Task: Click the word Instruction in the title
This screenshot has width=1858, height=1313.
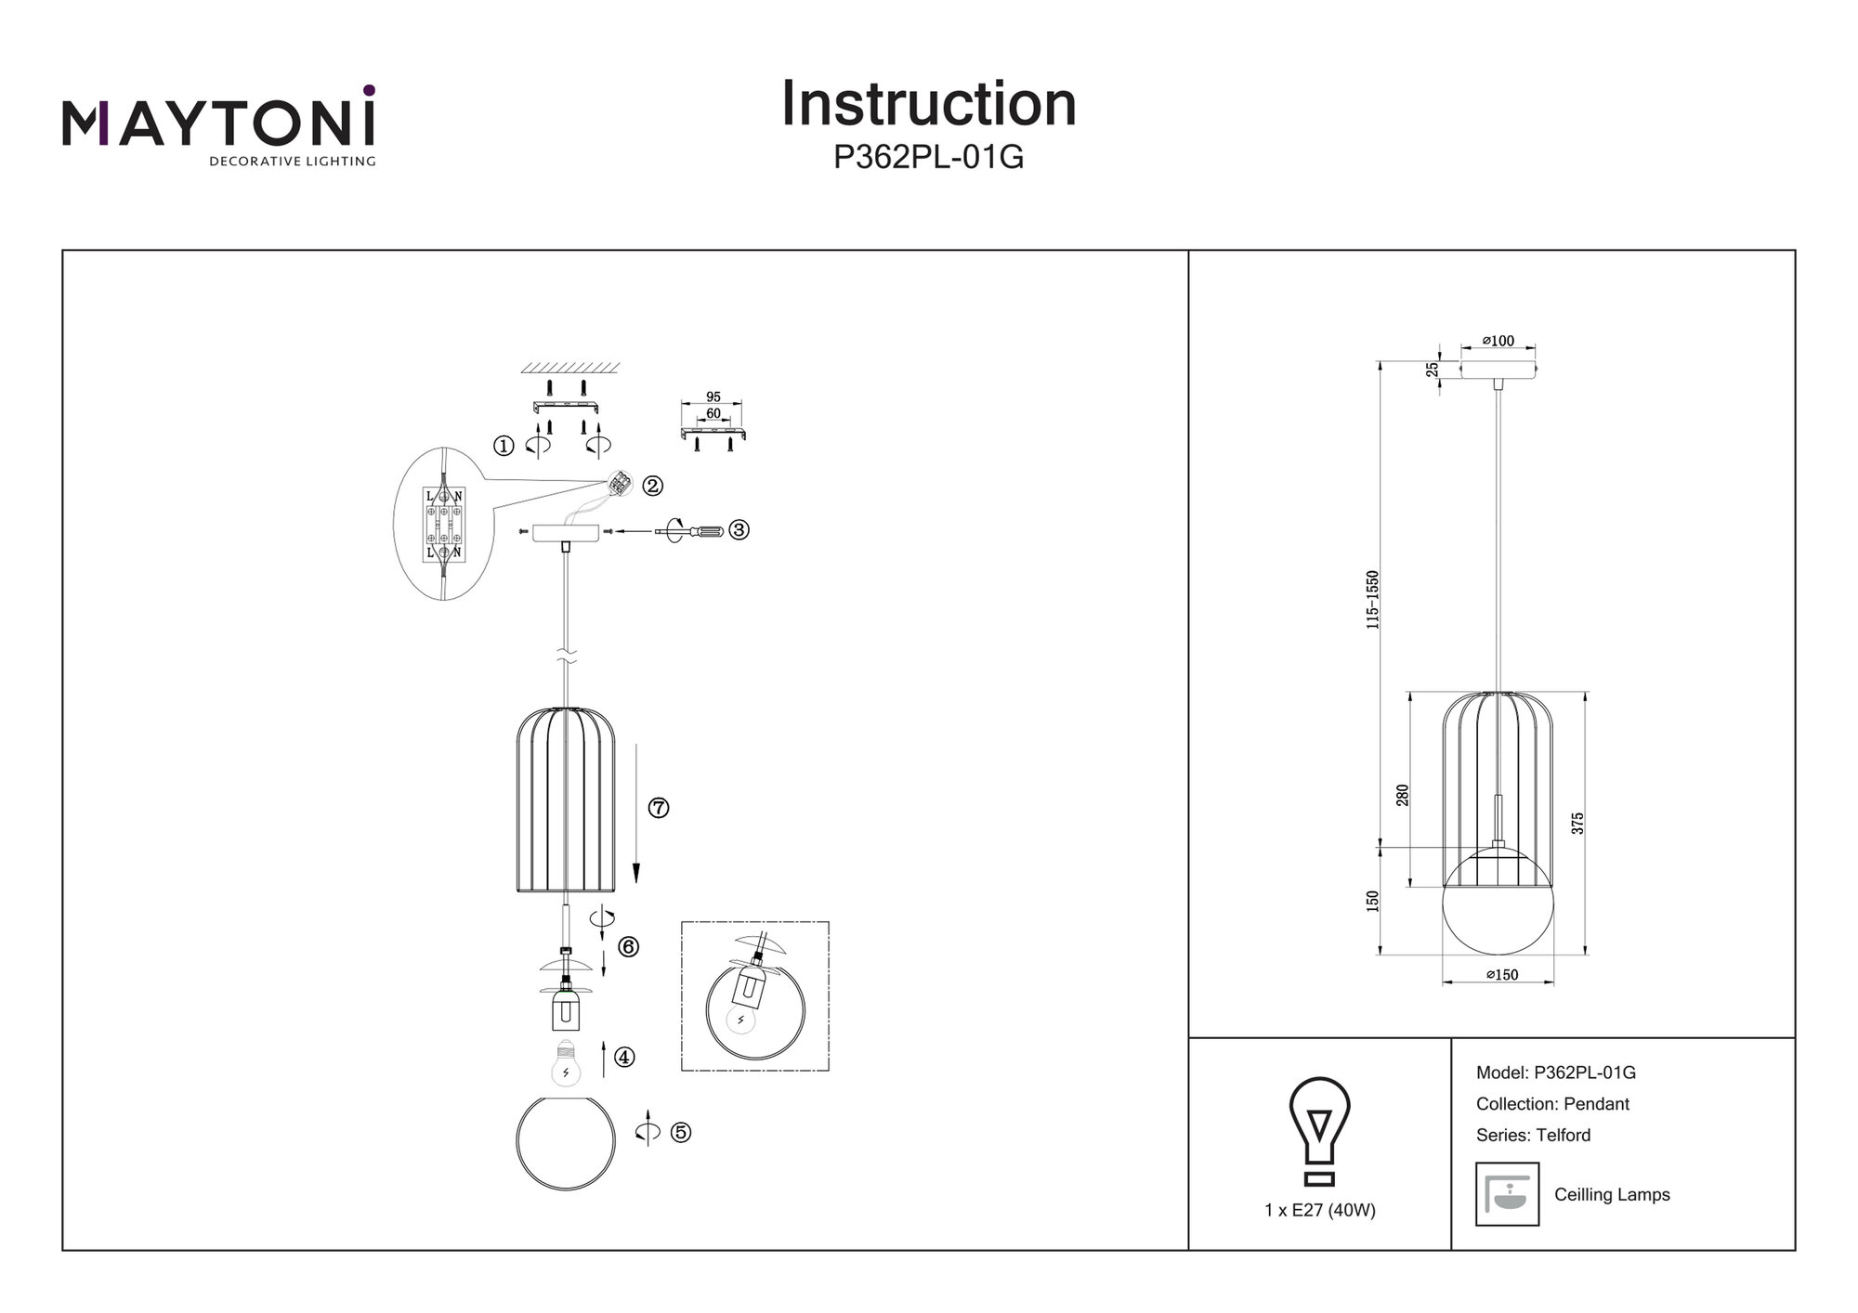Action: pyautogui.click(x=928, y=104)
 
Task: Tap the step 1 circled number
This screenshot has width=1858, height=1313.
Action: pyautogui.click(x=504, y=447)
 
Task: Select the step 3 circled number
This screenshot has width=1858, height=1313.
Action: pyautogui.click(x=739, y=530)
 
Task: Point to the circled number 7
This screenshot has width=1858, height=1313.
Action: pyautogui.click(x=659, y=808)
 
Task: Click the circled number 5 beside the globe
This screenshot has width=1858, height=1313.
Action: pyautogui.click(x=681, y=1133)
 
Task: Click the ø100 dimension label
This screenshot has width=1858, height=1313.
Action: pyautogui.click(x=1498, y=341)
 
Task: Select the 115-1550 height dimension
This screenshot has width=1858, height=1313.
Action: pyautogui.click(x=1372, y=600)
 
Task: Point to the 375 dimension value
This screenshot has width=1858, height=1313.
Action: pyautogui.click(x=1577, y=823)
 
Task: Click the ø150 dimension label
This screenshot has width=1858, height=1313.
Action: pyautogui.click(x=1501, y=975)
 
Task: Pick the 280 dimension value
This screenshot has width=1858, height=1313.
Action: pyautogui.click(x=1403, y=795)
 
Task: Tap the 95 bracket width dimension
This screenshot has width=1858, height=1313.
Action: pyautogui.click(x=713, y=397)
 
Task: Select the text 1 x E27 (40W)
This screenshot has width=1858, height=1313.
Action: pyautogui.click(x=1319, y=1211)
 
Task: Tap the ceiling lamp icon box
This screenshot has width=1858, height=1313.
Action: pyautogui.click(x=1507, y=1194)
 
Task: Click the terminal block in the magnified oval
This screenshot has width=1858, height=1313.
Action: pyautogui.click(x=444, y=525)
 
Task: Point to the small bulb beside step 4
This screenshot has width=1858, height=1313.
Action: pyautogui.click(x=566, y=1064)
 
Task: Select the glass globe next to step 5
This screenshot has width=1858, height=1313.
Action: pyautogui.click(x=565, y=1144)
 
